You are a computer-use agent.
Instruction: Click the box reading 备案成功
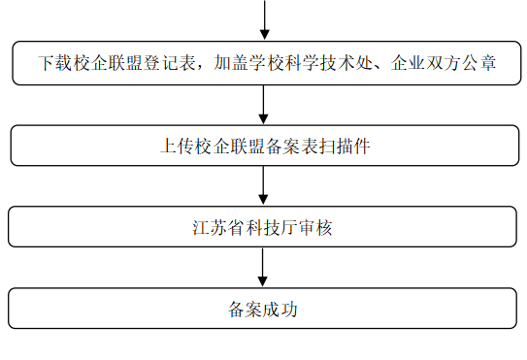tap(263, 310)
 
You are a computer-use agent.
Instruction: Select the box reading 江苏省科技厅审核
tap(263, 228)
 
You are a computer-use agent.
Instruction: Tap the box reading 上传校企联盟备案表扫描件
tap(263, 147)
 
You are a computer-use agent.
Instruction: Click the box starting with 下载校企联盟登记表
tap(263, 64)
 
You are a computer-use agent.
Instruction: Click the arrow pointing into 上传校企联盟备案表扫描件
tap(264, 105)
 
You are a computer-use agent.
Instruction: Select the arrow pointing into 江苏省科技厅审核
tap(264, 186)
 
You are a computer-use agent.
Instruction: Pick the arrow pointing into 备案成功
tap(264, 269)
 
